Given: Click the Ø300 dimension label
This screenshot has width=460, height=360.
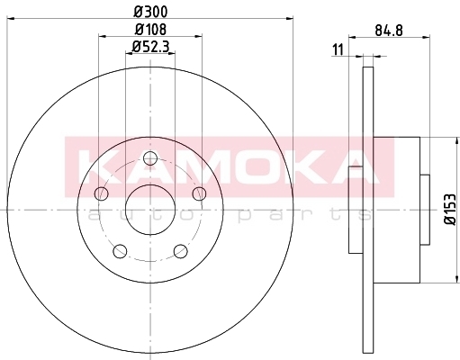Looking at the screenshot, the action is pyautogui.click(x=150, y=12).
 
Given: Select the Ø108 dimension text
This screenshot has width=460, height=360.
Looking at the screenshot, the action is pyautogui.click(x=150, y=29).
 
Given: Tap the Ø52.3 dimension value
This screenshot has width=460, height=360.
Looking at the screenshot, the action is pyautogui.click(x=150, y=47).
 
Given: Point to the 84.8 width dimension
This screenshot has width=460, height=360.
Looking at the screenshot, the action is pyautogui.click(x=389, y=31).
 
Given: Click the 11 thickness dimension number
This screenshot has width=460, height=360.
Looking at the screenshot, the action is pyautogui.click(x=338, y=49).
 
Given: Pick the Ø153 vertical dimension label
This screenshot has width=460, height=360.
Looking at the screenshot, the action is pyautogui.click(x=450, y=209).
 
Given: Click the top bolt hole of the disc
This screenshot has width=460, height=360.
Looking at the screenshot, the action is pyautogui.click(x=150, y=158).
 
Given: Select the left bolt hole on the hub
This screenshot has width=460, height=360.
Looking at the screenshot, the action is pyautogui.click(x=102, y=193).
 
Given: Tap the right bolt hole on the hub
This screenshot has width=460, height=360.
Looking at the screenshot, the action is pyautogui.click(x=199, y=193).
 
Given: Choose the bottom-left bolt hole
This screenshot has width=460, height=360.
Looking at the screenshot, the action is pyautogui.click(x=120, y=251).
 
